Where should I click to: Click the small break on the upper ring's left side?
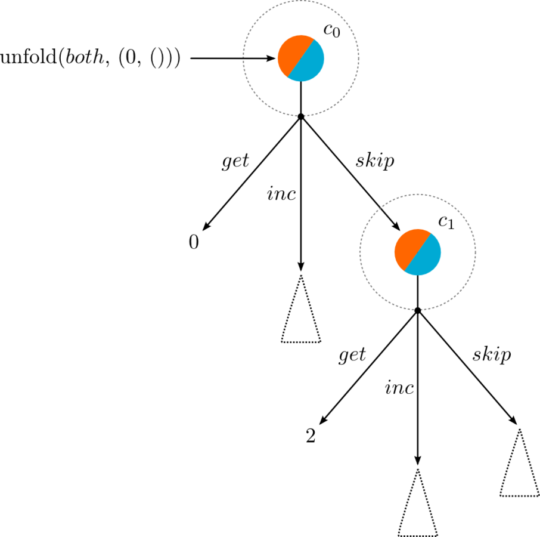243,57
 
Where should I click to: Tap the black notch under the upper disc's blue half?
302,81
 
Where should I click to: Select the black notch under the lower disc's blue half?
419,275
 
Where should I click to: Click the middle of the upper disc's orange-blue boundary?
301,58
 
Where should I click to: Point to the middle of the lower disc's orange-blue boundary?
418,252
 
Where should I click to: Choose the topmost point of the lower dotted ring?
418,194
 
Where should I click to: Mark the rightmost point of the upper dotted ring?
359,58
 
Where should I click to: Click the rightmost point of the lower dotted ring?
476,252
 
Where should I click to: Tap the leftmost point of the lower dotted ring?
359,252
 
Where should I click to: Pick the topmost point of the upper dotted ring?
301,0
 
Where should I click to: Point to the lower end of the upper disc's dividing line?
288,78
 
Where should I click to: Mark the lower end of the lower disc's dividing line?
405,271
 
